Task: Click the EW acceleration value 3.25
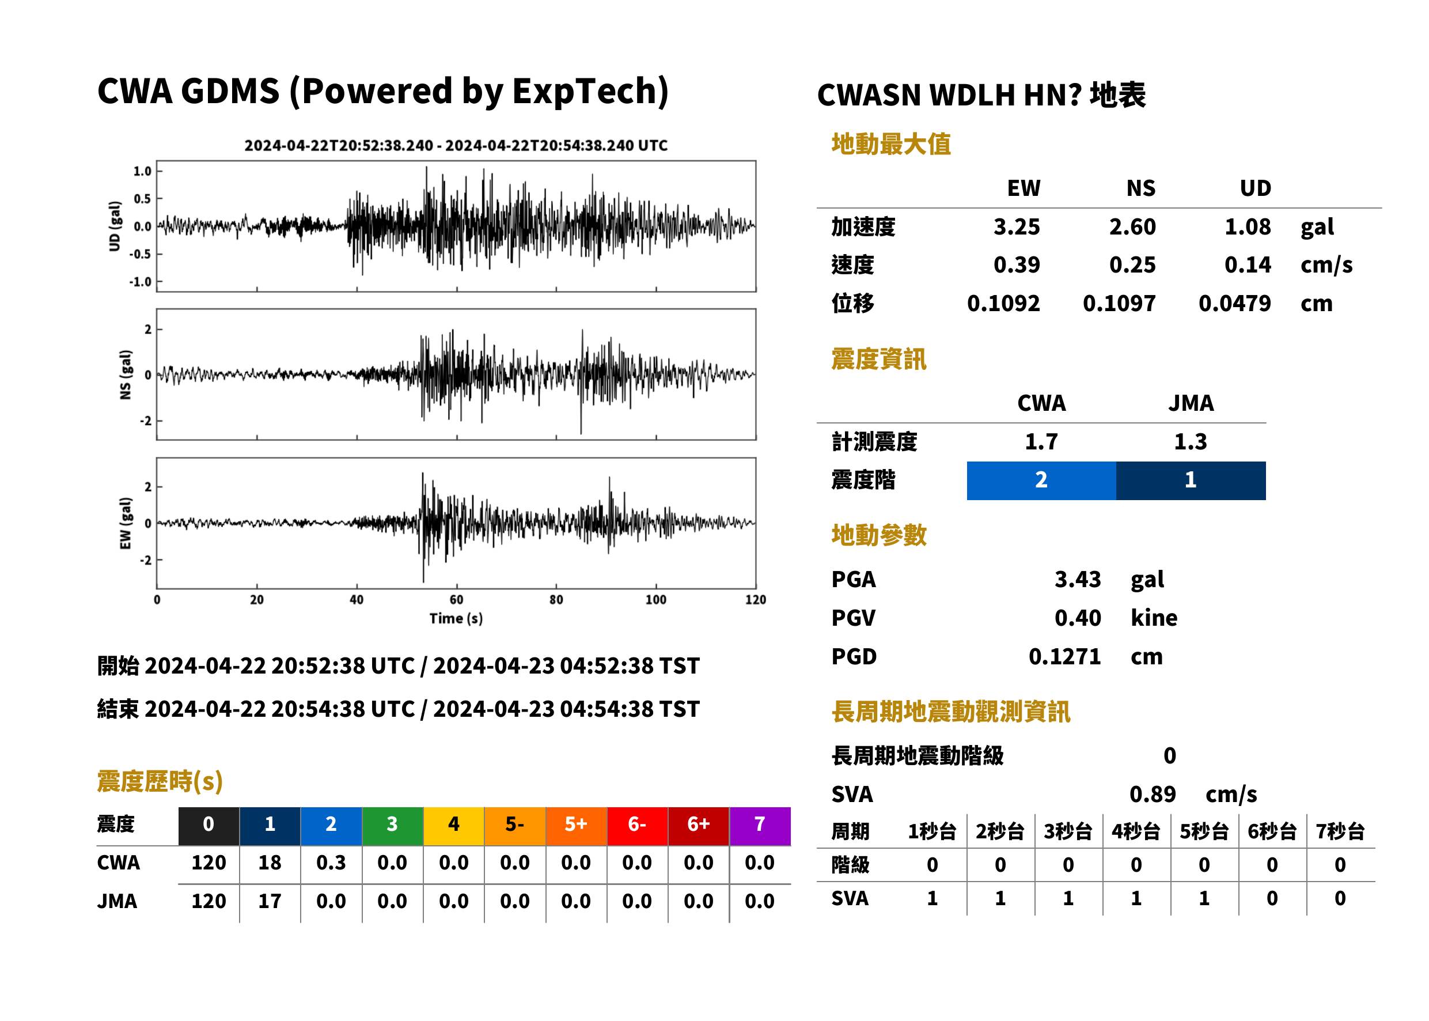click(1016, 226)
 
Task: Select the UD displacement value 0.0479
click(1234, 303)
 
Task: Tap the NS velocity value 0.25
click(1132, 264)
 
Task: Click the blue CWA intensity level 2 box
click(1041, 481)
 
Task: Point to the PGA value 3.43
click(1078, 579)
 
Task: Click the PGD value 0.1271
click(1064, 656)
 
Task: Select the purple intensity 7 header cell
click(760, 824)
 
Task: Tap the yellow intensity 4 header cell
click(454, 824)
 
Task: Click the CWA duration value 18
click(270, 863)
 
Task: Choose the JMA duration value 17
click(270, 901)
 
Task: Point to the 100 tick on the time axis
click(656, 600)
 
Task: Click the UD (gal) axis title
click(115, 226)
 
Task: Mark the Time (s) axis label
click(456, 619)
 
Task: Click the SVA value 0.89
click(1153, 794)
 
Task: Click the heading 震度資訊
click(878, 359)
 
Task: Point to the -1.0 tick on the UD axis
click(141, 282)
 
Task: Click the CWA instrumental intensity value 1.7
click(1041, 441)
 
